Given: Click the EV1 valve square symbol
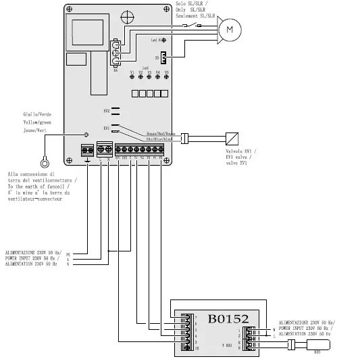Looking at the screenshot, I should (230, 135).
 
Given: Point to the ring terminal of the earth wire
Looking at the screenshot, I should (45, 162).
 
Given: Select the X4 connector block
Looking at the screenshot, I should (117, 53).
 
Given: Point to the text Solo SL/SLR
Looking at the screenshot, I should (199, 4).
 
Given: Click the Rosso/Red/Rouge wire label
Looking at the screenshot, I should (160, 134).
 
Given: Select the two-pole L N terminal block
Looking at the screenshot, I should (105, 149).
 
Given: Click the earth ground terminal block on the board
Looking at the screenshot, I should (87, 149).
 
